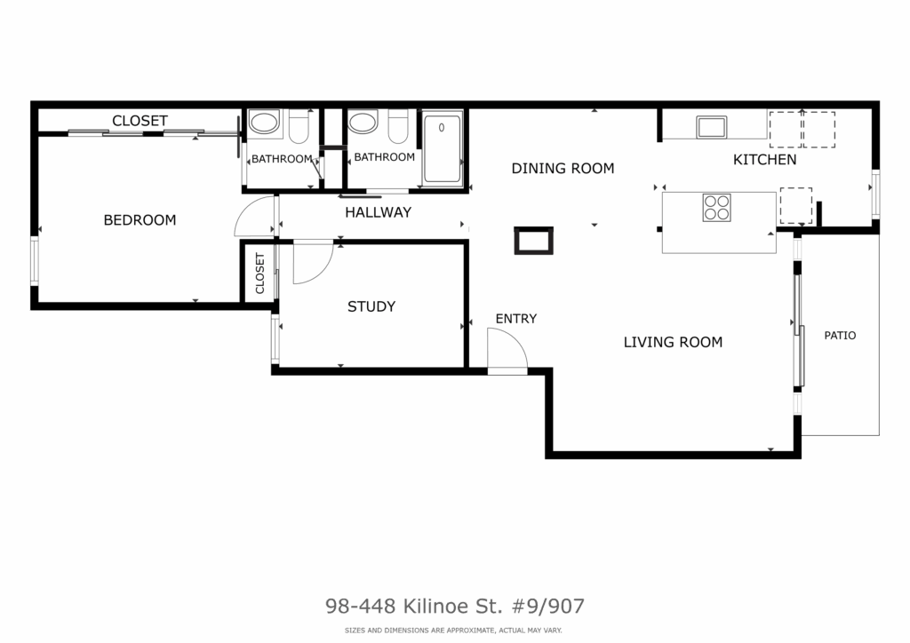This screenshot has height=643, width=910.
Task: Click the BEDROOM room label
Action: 140,220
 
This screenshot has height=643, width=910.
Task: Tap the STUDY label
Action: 371,306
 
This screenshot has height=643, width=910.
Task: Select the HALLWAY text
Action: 378,212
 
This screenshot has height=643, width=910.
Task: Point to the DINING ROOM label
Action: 563,169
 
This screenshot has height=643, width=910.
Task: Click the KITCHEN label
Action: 764,160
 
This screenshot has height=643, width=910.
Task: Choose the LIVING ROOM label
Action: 673,342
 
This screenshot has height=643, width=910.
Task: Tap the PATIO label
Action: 840,335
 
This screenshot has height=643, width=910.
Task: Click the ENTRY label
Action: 516,318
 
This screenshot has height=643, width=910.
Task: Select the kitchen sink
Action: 712,127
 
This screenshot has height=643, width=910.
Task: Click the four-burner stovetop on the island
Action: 717,208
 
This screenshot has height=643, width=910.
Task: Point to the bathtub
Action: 443,148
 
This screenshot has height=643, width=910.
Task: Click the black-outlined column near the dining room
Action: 533,241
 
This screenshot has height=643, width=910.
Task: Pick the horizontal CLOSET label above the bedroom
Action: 140,121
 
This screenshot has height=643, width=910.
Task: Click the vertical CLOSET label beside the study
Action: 259,274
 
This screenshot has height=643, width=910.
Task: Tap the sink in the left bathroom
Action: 263,123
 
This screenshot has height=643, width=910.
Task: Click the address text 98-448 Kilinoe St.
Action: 414,606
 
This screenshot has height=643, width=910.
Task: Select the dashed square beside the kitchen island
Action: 795,205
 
